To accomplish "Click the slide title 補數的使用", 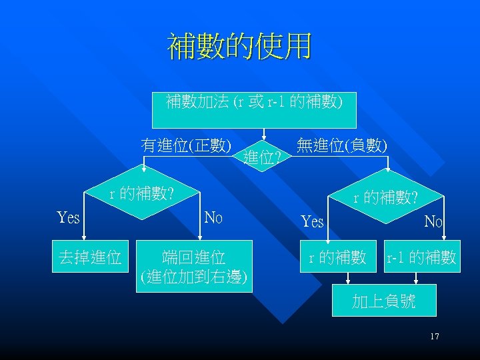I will click(x=239, y=47).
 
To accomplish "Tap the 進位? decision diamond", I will click(x=265, y=157).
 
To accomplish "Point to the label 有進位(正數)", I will click(x=186, y=145).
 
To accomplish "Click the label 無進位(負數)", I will click(x=342, y=144).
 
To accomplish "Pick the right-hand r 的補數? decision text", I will click(x=385, y=197).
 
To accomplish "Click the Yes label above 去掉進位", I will click(x=69, y=218).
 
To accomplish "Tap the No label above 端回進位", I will click(x=213, y=218).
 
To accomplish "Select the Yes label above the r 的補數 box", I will click(x=312, y=221).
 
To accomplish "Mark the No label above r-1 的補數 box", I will click(x=434, y=221).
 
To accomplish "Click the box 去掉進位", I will click(x=90, y=257).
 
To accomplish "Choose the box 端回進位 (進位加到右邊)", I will click(x=194, y=265).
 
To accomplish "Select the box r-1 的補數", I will click(x=421, y=257).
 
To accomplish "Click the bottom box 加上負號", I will click(x=384, y=301).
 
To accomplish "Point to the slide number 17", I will click(x=434, y=337).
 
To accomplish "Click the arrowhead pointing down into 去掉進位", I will click(x=90, y=237).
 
